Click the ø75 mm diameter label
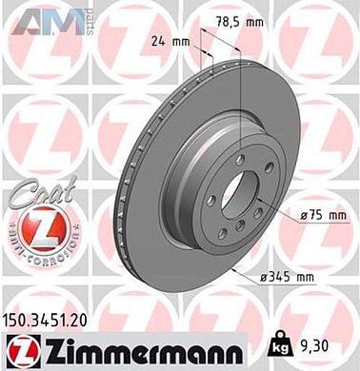point(321,217)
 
